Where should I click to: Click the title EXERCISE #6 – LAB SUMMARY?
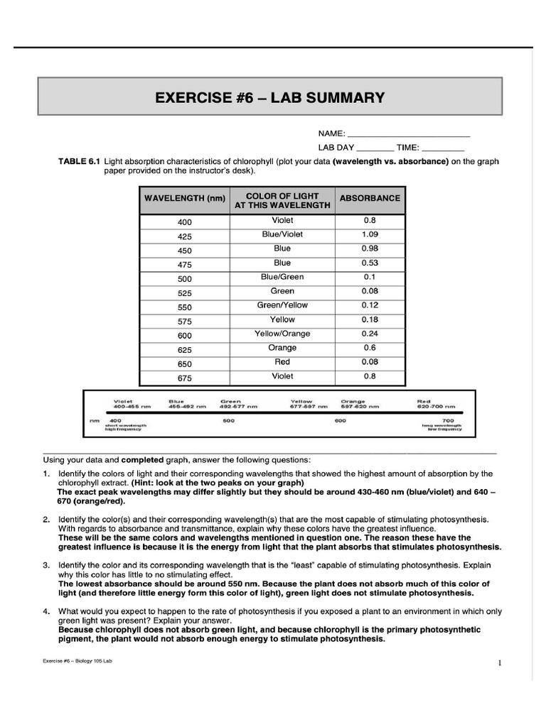(269, 97)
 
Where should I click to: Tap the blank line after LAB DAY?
(374, 150)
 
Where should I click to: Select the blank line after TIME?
(442, 150)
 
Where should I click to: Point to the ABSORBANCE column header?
(370, 199)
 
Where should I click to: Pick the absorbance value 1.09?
(370, 234)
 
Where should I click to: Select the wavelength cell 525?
(185, 293)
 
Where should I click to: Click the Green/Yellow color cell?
(282, 305)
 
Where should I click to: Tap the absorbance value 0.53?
(370, 263)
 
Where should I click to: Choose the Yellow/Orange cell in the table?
(282, 334)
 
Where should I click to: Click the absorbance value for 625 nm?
(370, 348)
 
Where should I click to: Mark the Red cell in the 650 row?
(282, 362)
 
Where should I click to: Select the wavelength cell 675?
(185, 378)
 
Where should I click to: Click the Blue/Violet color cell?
(282, 234)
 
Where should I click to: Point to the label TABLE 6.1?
(79, 162)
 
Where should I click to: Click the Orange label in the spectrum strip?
(353, 401)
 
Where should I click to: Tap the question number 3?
(45, 565)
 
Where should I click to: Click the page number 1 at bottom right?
(500, 663)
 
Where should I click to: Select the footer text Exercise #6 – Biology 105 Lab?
(77, 662)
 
